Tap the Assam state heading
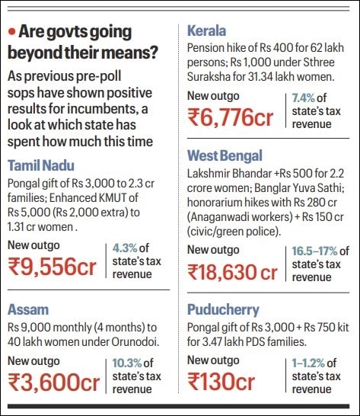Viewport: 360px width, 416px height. click(x=29, y=311)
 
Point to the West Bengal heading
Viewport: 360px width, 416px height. click(x=227, y=155)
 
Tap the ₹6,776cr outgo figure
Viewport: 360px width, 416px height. click(x=232, y=119)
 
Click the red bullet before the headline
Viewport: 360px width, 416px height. click(x=12, y=30)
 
